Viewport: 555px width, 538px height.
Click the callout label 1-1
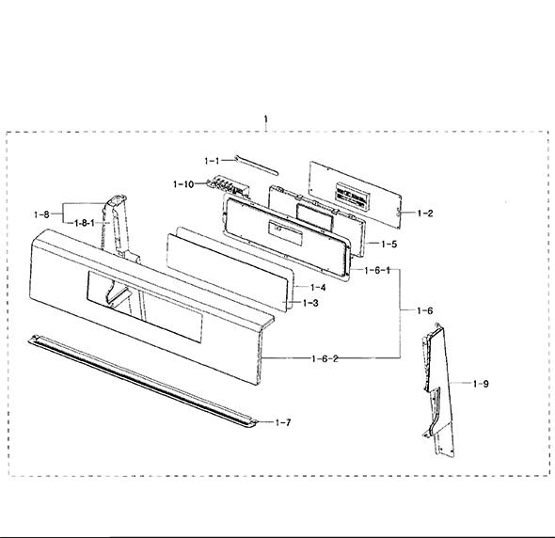click(x=212, y=161)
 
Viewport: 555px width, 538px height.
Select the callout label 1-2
click(x=425, y=214)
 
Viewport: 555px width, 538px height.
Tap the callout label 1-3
click(x=310, y=303)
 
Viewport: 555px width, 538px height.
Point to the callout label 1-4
click(x=318, y=288)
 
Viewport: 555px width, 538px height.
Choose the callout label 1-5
click(x=389, y=244)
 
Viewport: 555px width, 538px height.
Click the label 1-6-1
click(x=377, y=271)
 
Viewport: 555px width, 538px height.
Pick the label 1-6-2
click(x=325, y=358)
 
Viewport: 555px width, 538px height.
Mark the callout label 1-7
click(x=283, y=422)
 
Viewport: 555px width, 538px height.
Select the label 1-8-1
click(x=85, y=223)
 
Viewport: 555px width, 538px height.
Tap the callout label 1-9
click(x=481, y=384)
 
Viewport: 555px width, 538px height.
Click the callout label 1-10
click(x=183, y=184)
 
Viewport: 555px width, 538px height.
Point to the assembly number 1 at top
click(x=266, y=119)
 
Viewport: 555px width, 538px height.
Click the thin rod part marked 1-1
click(x=256, y=166)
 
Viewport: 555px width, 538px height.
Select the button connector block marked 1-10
click(x=229, y=186)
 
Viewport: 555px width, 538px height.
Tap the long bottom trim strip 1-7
click(x=143, y=382)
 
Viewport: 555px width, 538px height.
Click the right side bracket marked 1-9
click(x=438, y=389)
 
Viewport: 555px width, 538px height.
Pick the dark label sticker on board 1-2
click(x=352, y=198)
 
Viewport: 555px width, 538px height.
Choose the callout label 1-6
click(x=425, y=310)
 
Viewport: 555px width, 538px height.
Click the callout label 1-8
click(x=41, y=214)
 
